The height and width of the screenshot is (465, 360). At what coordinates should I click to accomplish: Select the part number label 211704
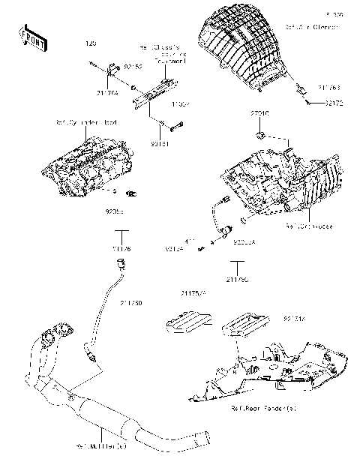tap(108, 93)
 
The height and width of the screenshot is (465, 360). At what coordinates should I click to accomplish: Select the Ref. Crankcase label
tap(309, 225)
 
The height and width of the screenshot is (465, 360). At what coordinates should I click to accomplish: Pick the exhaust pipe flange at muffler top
tap(59, 331)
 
